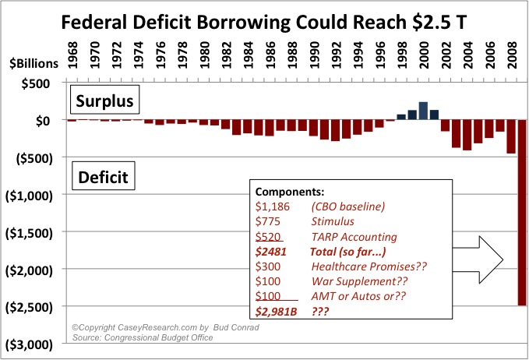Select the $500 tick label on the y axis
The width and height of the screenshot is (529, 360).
(37, 83)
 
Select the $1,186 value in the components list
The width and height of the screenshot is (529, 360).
(273, 206)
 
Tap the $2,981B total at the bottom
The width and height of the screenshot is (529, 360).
(277, 312)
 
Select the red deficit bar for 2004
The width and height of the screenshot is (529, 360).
(467, 135)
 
